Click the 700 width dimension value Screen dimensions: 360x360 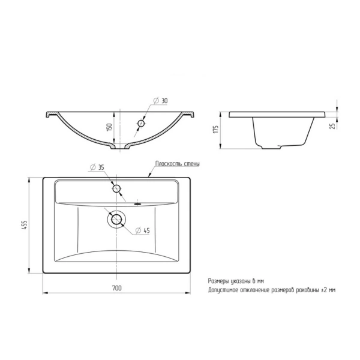point(117,288)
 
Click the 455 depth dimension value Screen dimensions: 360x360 point(25,225)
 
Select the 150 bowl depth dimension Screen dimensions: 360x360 point(109,127)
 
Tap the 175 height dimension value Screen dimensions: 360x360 point(215,129)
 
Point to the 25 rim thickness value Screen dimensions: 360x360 point(332,126)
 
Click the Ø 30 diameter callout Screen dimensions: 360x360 point(160,101)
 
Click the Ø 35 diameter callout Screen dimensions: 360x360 point(97,167)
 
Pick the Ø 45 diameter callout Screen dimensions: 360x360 point(142,230)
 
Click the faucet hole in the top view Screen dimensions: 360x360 point(116,188)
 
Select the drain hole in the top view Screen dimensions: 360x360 point(116,220)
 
